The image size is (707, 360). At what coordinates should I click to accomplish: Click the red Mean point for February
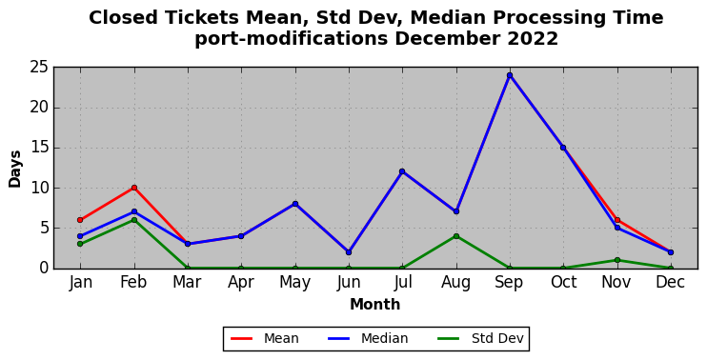(134, 188)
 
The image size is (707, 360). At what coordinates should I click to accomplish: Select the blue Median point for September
(510, 75)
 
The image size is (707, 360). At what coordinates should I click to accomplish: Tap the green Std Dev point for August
(455, 236)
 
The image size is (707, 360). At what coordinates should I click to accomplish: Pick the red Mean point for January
(80, 220)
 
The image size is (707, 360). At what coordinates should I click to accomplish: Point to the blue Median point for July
(402, 171)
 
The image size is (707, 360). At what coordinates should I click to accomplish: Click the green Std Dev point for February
(134, 220)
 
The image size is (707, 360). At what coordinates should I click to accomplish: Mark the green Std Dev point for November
(616, 260)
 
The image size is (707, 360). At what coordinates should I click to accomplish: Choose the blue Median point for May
(294, 204)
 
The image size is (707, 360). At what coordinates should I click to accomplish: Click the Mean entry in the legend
(265, 338)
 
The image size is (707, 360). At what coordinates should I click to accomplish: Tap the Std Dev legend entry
(480, 338)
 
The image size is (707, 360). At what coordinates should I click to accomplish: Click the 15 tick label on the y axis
(39, 148)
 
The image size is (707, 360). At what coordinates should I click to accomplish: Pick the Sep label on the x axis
(509, 283)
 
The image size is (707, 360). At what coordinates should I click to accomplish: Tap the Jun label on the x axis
(349, 283)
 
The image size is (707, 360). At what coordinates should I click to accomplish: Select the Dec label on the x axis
(671, 283)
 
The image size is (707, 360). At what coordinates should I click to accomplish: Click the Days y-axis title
(15, 169)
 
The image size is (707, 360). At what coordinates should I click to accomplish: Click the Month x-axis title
(375, 305)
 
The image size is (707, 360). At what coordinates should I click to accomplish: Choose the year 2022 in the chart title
(533, 39)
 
